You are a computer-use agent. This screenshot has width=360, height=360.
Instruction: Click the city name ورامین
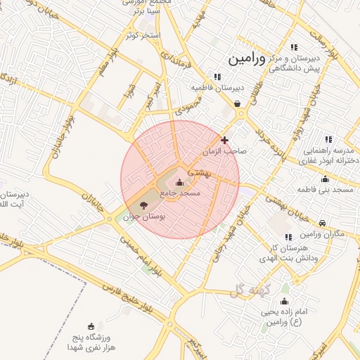pos(247,58)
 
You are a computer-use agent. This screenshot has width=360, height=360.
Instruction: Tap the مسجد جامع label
pos(181,193)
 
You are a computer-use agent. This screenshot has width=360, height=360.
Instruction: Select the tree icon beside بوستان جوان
pos(144,205)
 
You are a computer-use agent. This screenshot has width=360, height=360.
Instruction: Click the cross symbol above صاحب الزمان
pos(224,140)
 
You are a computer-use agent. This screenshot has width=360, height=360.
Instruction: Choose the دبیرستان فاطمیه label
pos(217,88)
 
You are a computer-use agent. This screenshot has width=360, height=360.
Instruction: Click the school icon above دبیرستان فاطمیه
pos(217,77)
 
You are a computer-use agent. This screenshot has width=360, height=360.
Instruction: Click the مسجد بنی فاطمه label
pos(334,190)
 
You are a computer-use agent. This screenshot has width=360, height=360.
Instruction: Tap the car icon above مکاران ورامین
pos(323,223)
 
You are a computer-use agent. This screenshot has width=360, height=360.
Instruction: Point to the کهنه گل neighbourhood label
pos(255,290)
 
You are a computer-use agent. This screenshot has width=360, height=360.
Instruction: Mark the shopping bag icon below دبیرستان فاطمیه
pos(237,103)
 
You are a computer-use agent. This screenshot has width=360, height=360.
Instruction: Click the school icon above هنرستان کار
pos(288,238)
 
